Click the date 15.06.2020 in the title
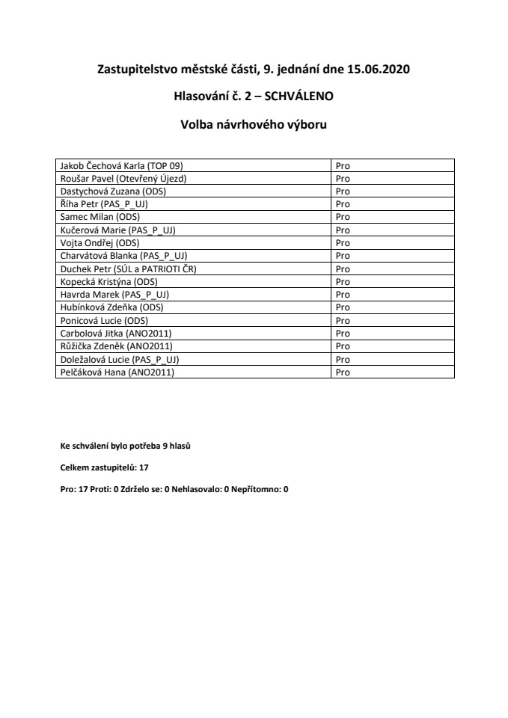point(379,70)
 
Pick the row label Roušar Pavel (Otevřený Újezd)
point(123,178)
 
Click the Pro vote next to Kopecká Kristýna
point(343,281)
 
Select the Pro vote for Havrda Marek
point(343,294)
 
